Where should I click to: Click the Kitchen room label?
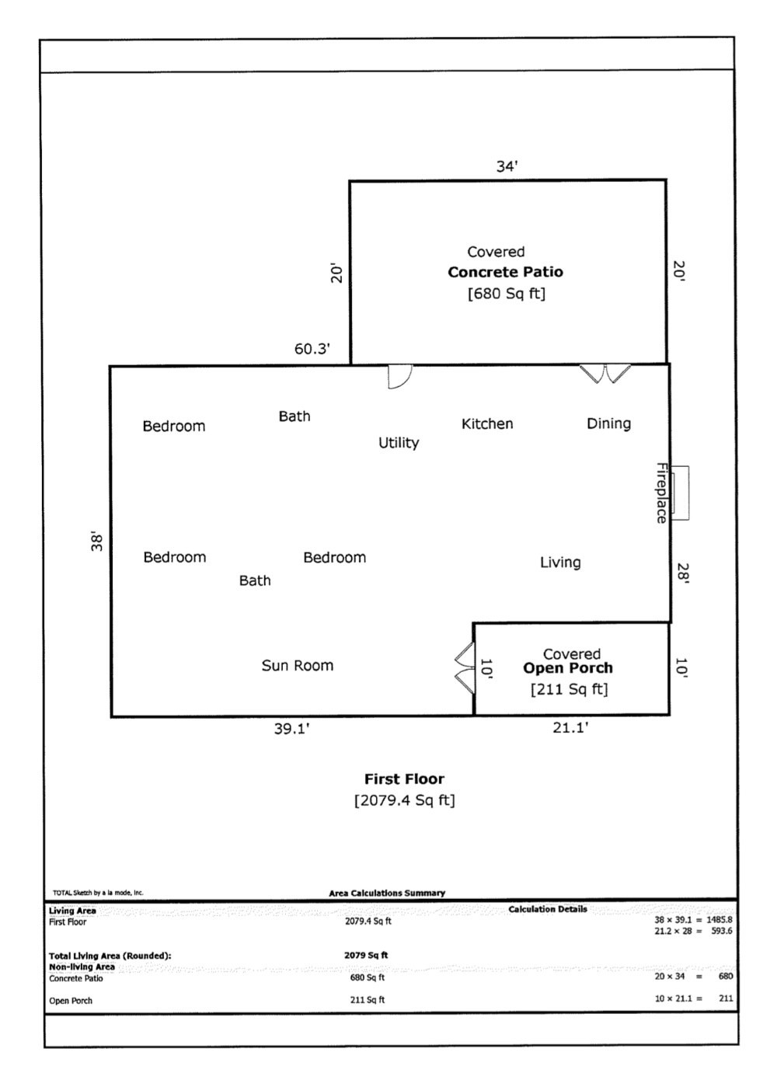(487, 423)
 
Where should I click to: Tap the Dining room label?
(608, 423)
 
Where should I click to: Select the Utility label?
(399, 443)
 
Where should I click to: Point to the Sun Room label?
(297, 666)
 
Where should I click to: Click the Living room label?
(560, 563)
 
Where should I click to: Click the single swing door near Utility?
(399, 376)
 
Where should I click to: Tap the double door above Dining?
(606, 374)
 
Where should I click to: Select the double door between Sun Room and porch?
(464, 667)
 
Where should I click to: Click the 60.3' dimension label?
(312, 349)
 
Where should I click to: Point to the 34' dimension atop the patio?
(507, 166)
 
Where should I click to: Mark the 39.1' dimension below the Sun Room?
(291, 729)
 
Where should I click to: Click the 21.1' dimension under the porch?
(570, 728)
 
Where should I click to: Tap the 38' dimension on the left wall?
(97, 542)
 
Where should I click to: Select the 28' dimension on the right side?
(682, 573)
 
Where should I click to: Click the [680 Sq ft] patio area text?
(506, 294)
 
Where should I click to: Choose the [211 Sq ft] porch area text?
(569, 689)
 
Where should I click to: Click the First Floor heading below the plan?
(404, 779)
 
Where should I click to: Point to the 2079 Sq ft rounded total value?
(366, 955)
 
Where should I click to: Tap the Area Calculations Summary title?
(387, 894)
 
